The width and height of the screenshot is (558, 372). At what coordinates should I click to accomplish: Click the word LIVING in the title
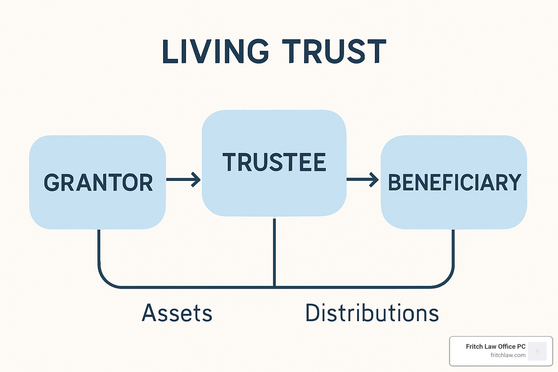pos(215,52)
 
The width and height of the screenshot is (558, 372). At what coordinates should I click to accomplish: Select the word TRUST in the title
pos(334,52)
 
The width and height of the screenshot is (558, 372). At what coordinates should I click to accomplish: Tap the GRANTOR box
pos(97,182)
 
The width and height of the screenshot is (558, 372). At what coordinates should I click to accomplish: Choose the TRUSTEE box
pos(274,163)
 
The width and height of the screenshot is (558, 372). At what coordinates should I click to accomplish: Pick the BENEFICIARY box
pos(454,182)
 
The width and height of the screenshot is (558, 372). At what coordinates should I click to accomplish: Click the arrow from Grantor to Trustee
pos(183,179)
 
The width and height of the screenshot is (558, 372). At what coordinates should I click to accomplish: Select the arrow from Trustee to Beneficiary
pos(363,179)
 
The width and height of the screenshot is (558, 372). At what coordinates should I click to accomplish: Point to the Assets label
pos(177,313)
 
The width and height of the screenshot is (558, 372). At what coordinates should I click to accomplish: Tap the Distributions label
pos(372,312)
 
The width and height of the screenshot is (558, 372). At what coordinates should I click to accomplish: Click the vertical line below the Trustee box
pos(274,252)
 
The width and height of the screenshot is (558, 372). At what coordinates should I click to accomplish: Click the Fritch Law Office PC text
pos(496,347)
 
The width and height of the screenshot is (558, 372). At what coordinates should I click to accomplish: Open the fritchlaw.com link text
pos(508,355)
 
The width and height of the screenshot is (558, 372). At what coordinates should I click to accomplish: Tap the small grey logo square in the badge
pos(537,351)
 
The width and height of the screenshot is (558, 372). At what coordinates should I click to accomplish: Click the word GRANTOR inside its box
pos(98,182)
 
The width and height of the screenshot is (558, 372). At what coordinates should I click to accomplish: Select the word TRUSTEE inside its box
pos(274,162)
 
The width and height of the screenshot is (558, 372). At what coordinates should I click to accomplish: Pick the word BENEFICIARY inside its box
pos(454,182)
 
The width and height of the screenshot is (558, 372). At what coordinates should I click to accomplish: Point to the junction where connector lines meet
pos(274,287)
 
